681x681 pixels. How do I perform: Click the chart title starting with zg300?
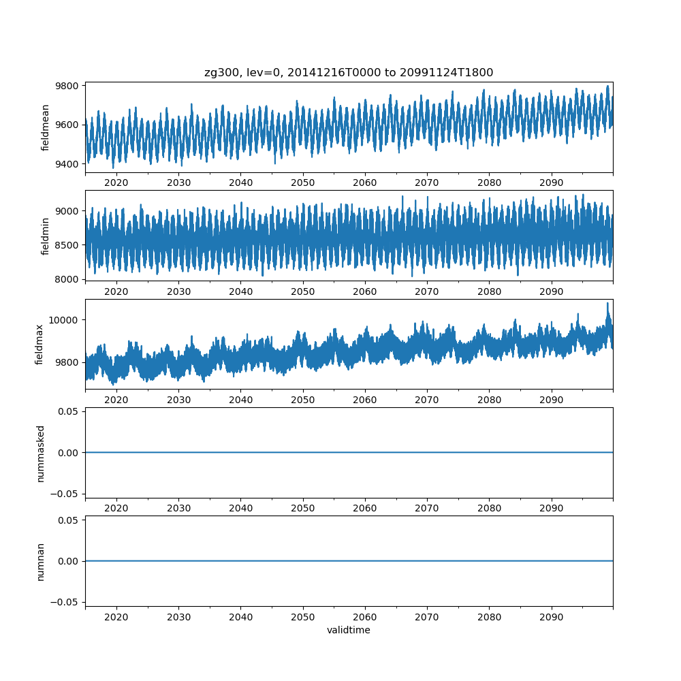point(349,72)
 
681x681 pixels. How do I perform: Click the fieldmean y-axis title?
point(46,127)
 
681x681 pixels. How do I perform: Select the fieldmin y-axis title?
point(46,236)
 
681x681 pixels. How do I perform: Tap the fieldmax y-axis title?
point(40,344)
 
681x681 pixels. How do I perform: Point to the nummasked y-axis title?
point(40,453)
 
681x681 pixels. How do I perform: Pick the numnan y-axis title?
point(40,561)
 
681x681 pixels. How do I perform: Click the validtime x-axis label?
point(349,631)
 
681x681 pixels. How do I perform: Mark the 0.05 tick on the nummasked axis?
point(69,412)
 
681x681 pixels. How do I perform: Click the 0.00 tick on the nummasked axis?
point(69,453)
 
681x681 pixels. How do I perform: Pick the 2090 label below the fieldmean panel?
point(552,183)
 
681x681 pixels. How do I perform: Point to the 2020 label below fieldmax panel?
point(116,400)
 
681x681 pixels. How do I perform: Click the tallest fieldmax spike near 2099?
point(608,304)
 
